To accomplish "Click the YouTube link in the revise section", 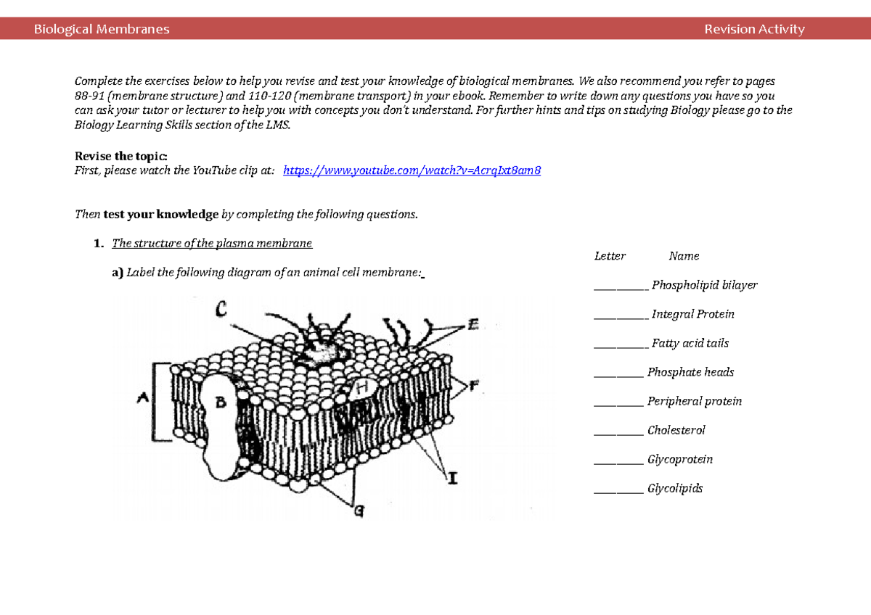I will click(412, 171).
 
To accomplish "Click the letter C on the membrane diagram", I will click(222, 310).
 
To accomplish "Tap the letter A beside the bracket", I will click(142, 397).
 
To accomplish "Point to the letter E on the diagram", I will click(473, 326).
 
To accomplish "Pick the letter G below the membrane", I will click(358, 511).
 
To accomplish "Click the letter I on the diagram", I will click(453, 478).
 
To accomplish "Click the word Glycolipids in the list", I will click(675, 489).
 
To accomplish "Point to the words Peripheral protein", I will click(695, 402).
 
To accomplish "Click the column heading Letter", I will click(610, 256).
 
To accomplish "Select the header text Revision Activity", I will click(754, 29).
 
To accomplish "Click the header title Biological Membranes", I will click(102, 29).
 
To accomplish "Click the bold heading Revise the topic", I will click(121, 157).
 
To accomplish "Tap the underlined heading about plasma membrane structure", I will click(212, 244).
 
